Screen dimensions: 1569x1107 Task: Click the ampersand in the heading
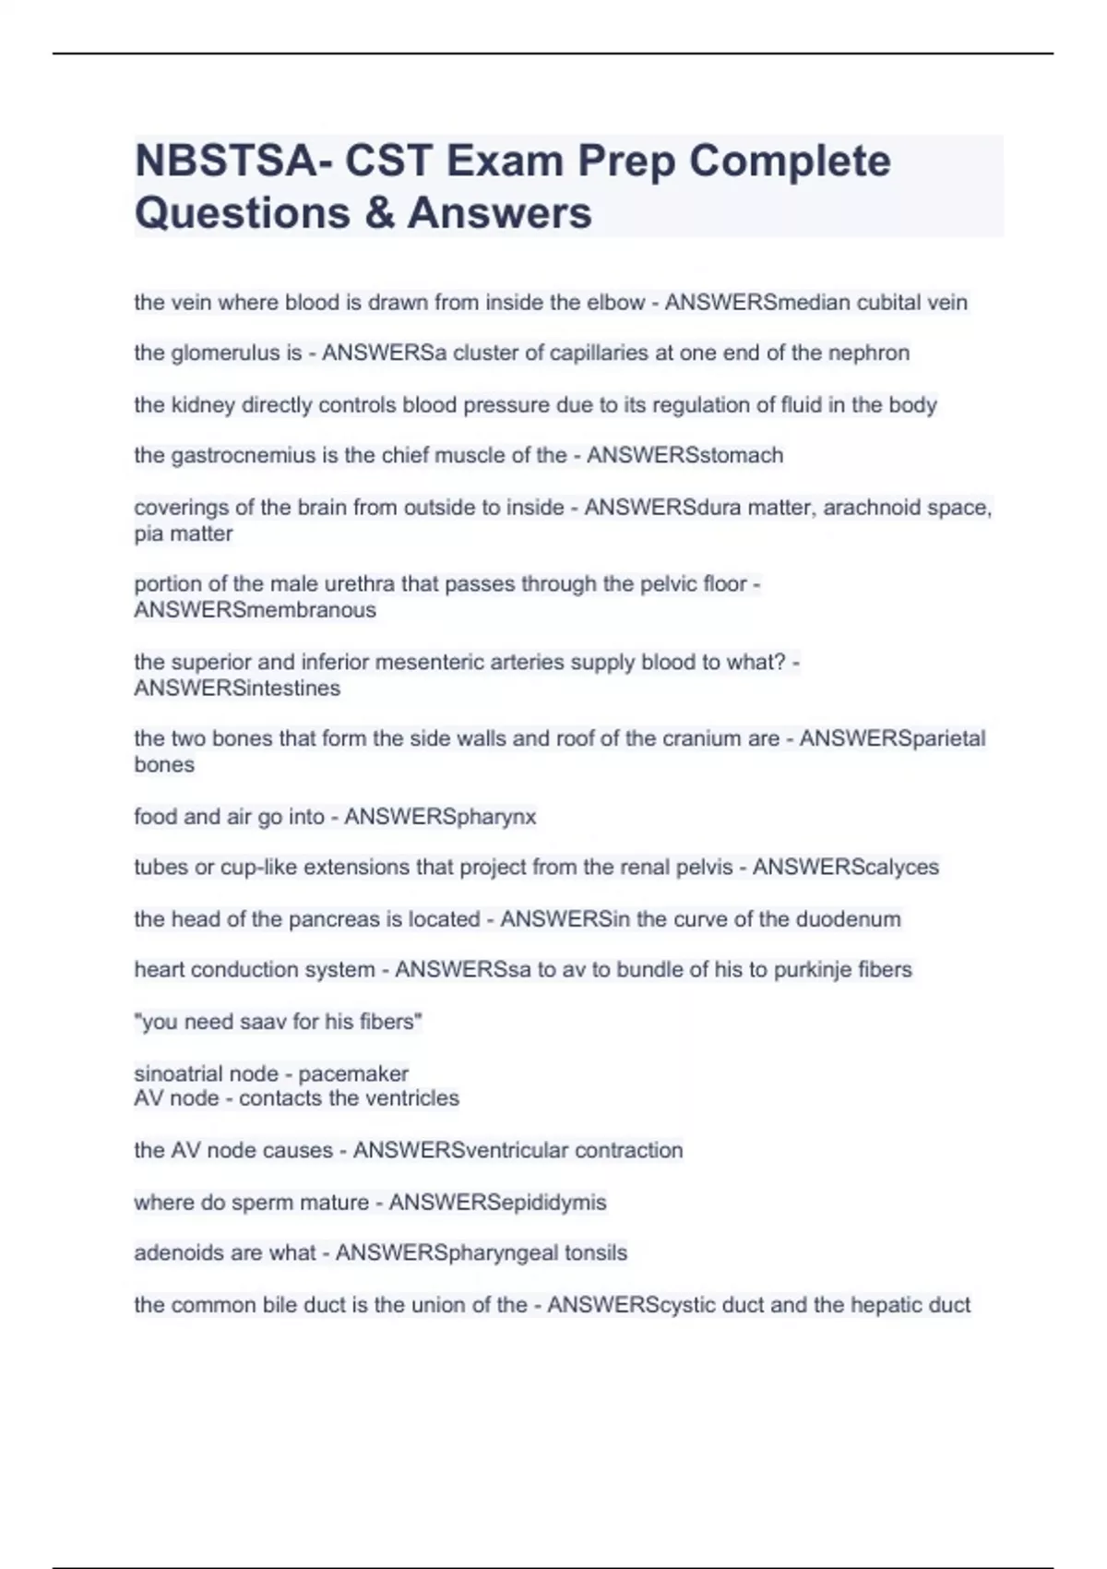click(x=378, y=213)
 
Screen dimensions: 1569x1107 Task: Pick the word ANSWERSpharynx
click(x=440, y=817)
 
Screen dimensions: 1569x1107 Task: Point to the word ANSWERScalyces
click(x=845, y=868)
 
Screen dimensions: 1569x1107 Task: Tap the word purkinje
click(x=814, y=970)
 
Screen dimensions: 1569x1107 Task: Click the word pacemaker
click(x=353, y=1074)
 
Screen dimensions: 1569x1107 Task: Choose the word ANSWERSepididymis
click(x=497, y=1203)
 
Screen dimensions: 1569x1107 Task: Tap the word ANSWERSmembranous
click(x=255, y=610)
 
